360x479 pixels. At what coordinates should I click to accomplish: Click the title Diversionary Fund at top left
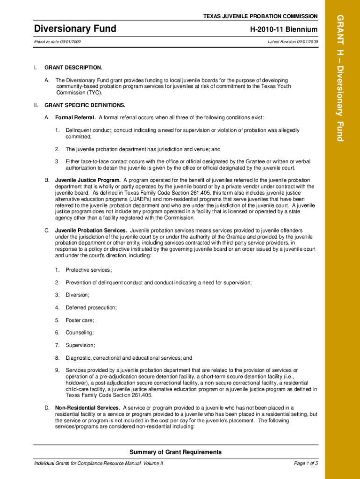75,29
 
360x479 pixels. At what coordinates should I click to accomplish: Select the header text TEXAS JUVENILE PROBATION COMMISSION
260,16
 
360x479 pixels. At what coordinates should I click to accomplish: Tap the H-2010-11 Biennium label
284,30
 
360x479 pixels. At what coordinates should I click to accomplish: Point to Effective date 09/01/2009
60,42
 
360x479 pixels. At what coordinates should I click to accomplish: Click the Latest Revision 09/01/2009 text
293,42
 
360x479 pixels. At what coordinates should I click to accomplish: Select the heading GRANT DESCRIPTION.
73,68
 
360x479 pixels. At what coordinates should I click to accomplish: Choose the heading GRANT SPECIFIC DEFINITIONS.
85,105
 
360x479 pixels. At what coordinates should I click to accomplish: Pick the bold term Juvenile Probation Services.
91,231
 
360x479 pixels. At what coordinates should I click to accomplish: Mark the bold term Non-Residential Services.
87,408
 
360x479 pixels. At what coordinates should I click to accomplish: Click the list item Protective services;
88,270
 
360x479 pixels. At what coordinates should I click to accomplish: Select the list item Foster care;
80,320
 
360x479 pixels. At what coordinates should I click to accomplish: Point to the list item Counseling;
79,333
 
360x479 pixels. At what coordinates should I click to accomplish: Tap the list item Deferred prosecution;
91,307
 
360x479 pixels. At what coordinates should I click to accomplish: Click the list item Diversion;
78,295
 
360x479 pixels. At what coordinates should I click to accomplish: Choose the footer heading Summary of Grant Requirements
175,452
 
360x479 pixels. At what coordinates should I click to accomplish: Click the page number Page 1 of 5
306,464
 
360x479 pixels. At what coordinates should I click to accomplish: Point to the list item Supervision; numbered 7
80,345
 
